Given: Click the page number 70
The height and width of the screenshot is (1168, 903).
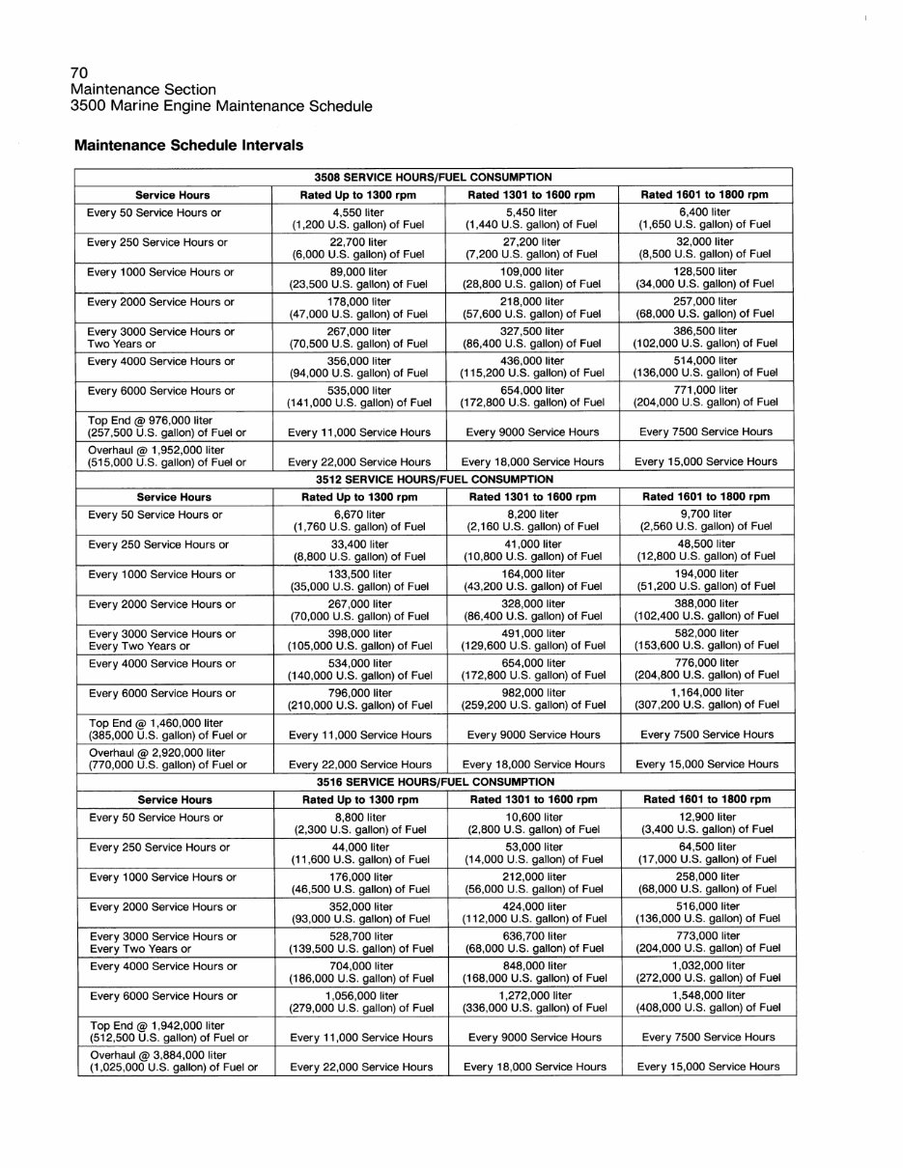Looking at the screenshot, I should click(x=79, y=73).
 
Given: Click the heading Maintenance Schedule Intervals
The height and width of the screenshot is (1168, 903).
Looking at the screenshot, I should click(x=188, y=146).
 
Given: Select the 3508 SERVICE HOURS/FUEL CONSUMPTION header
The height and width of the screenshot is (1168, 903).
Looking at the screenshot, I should click(x=434, y=178).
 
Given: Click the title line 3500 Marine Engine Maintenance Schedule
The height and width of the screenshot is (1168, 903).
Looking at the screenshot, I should click(x=221, y=106).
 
